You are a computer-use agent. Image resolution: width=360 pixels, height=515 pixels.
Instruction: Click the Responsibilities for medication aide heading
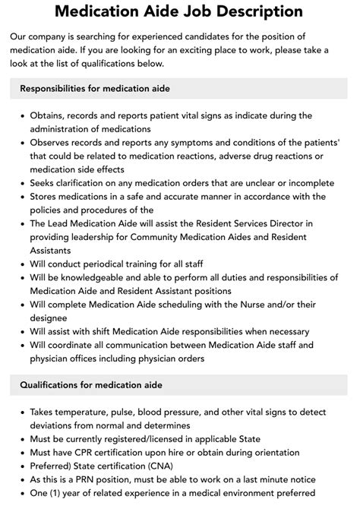pos(95,89)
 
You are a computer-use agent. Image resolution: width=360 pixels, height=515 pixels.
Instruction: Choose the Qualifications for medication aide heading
pos(91,386)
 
